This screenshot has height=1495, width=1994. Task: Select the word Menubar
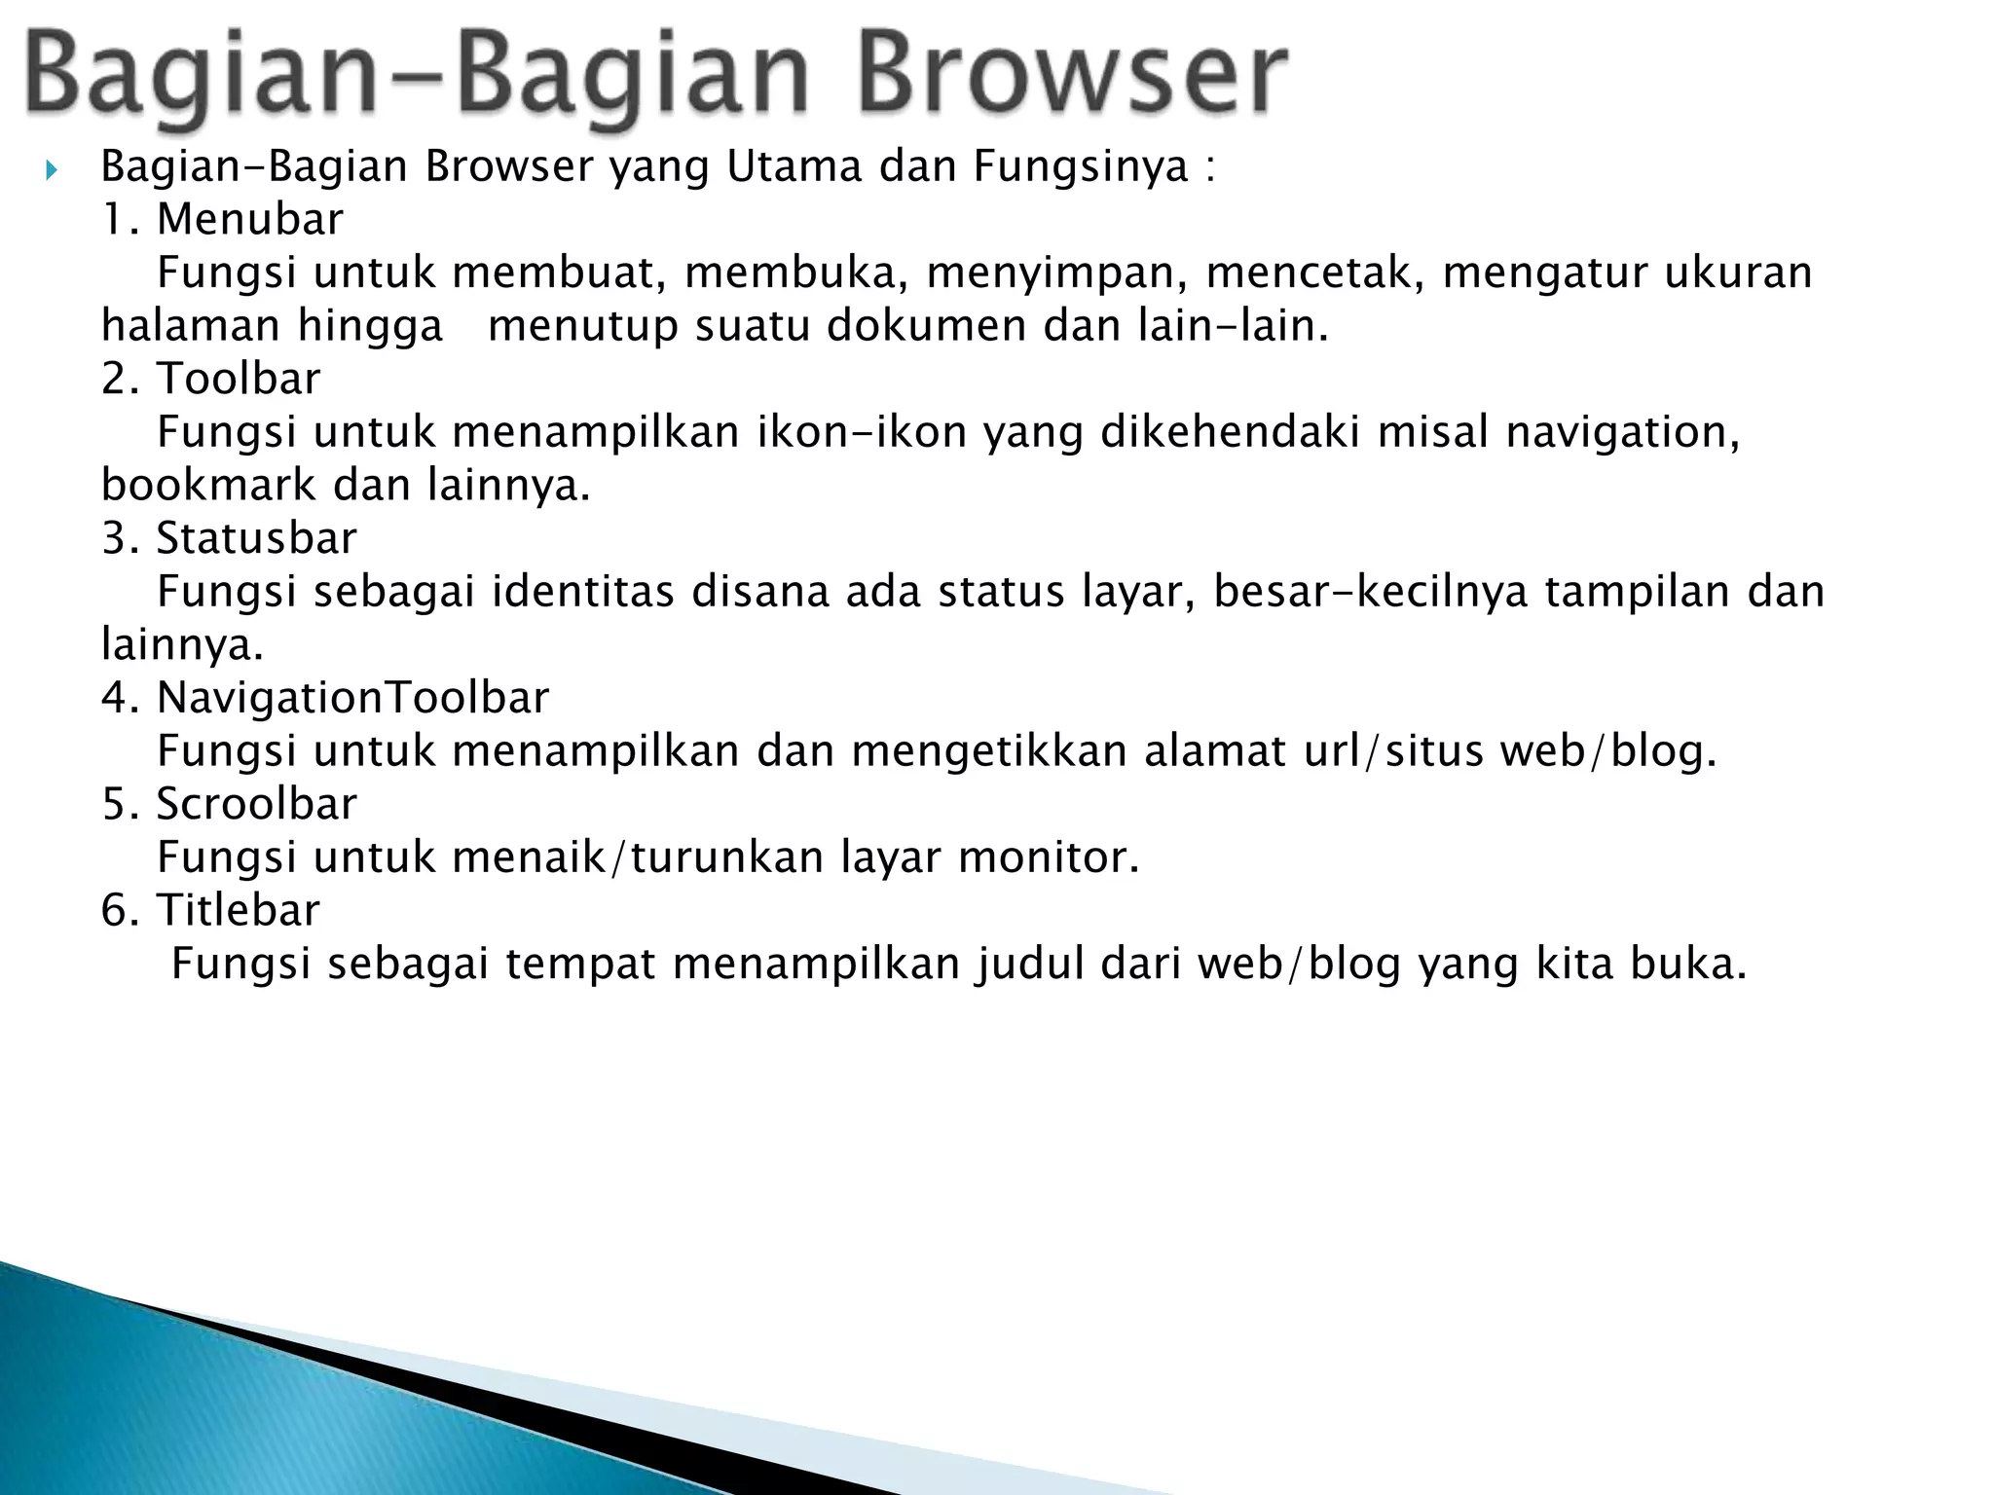(250, 220)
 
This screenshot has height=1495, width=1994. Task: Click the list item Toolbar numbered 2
(239, 379)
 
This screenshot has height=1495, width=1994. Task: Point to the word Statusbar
(257, 538)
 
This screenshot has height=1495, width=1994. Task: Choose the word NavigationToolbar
(352, 698)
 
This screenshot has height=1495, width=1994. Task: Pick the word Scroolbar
(257, 804)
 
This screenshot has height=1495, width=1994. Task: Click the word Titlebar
(239, 910)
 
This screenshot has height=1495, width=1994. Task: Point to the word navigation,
(1623, 432)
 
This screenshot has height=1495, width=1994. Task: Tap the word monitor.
(1049, 857)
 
